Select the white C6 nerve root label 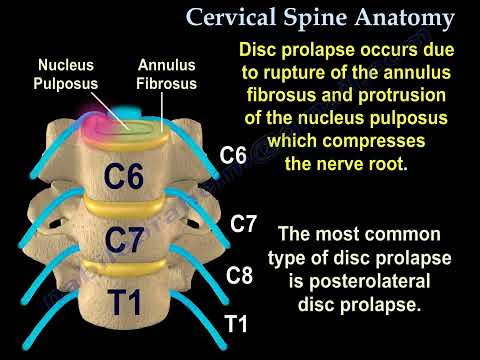(233, 155)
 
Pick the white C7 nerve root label (245, 223)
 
